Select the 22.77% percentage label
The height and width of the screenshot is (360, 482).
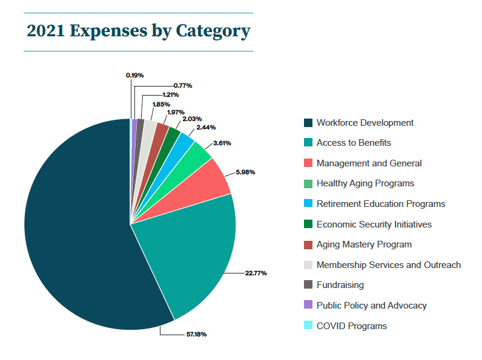[x=256, y=273]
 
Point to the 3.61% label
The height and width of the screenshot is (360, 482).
[x=222, y=143]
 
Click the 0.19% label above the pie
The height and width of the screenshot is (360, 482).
[x=134, y=75]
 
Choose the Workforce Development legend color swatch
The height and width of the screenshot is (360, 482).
[x=308, y=123]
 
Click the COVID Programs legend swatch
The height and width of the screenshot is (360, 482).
[x=308, y=326]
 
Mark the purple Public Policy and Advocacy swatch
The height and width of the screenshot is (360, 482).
[x=308, y=306]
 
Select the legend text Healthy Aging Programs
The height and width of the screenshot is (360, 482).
[x=365, y=183]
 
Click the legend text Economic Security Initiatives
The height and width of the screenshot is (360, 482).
[x=374, y=224]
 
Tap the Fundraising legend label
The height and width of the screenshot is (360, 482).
[x=340, y=285]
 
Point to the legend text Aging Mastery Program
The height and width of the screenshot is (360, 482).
[x=364, y=244]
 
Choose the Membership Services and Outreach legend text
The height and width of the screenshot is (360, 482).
[x=388, y=265]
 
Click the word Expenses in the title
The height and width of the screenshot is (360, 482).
[x=108, y=31]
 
